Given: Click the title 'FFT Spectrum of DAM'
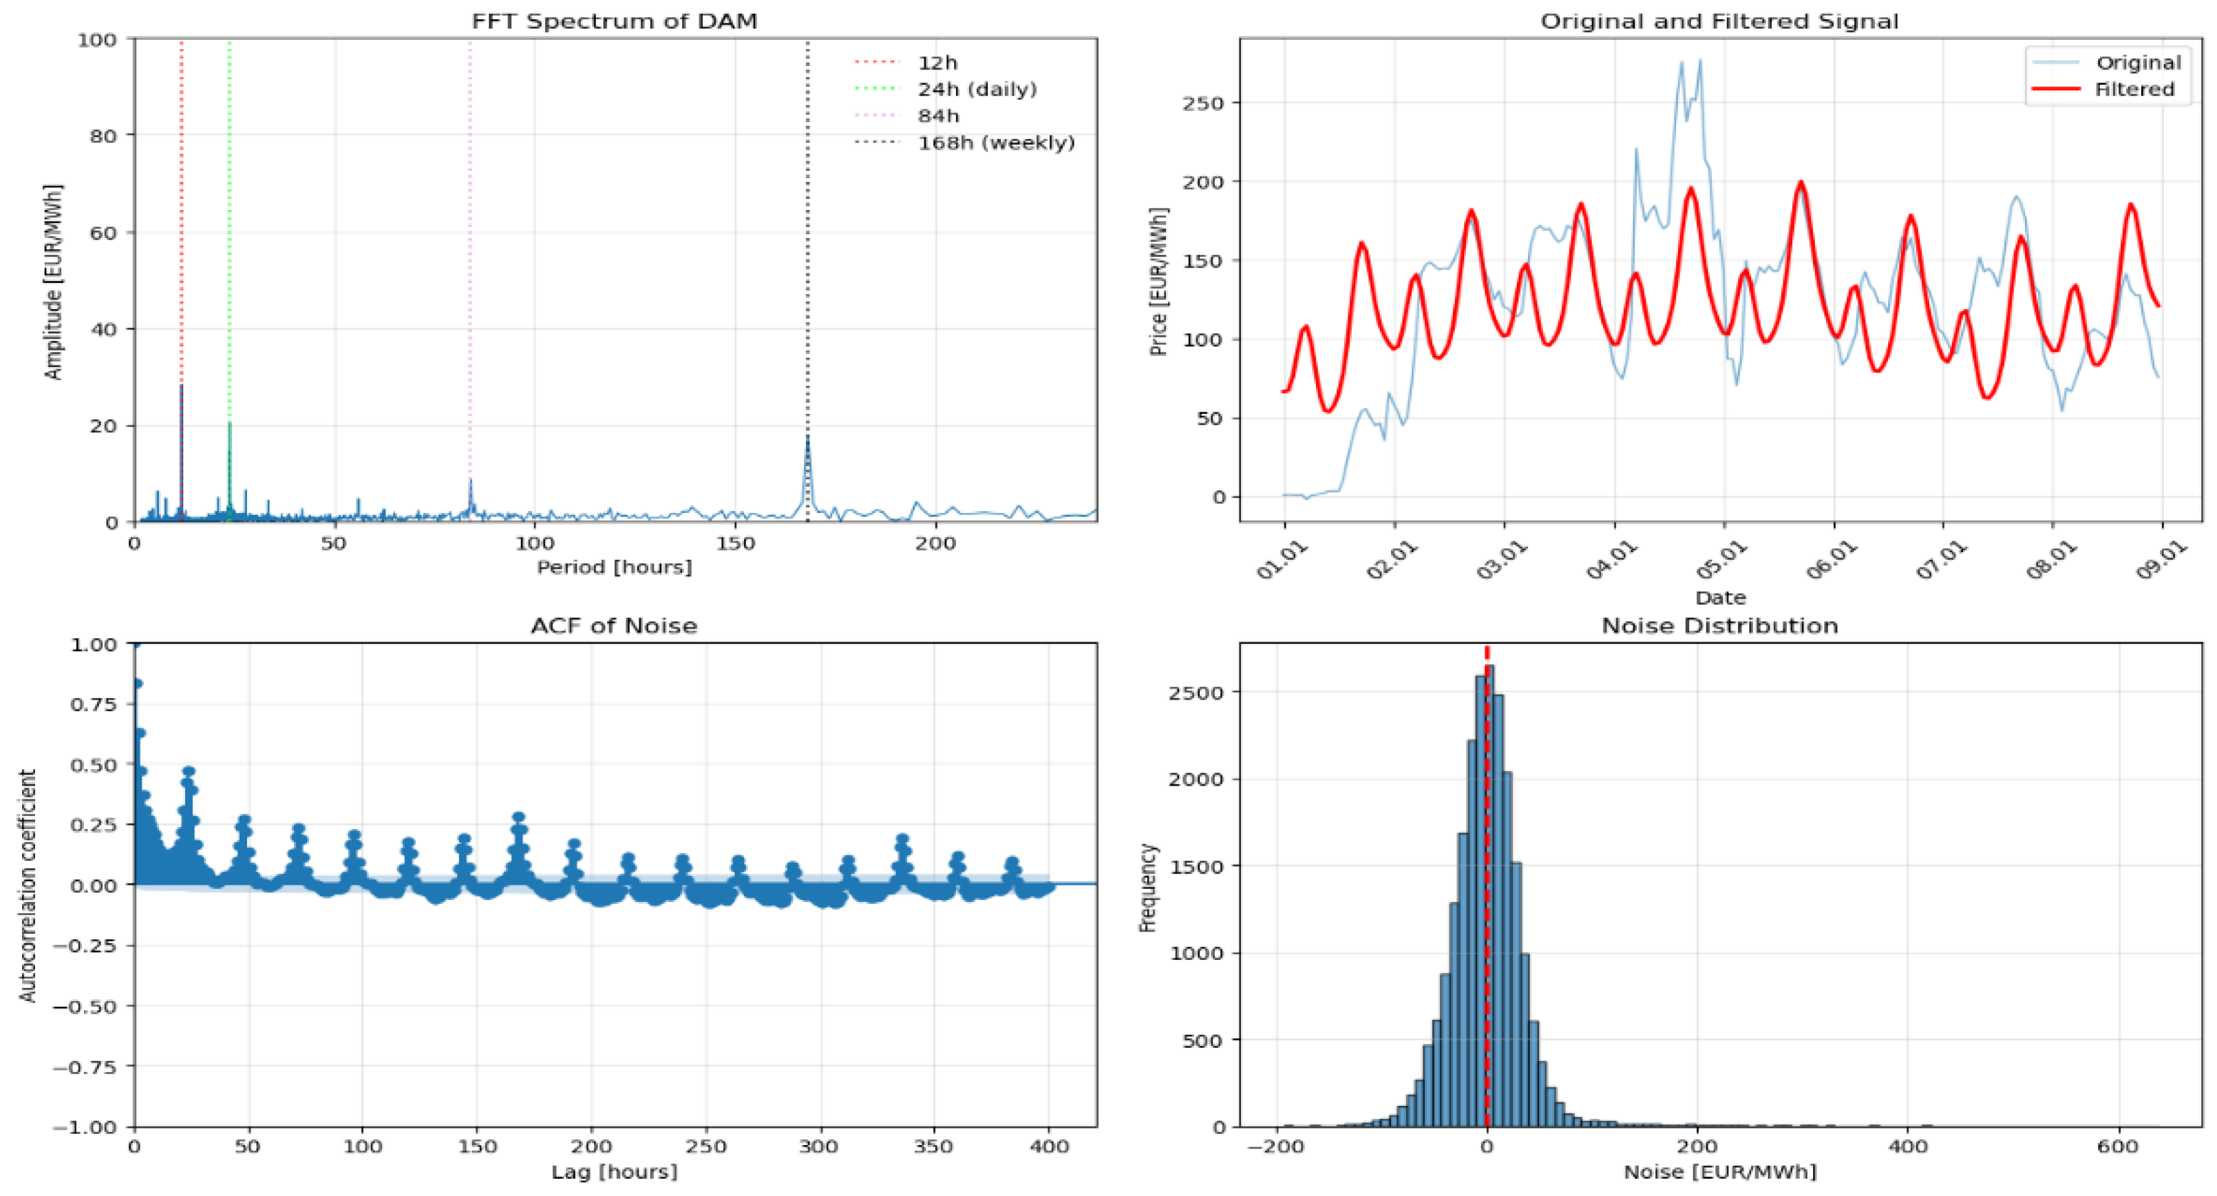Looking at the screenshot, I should click(x=614, y=21).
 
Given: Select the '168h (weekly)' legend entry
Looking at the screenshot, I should click(x=996, y=143).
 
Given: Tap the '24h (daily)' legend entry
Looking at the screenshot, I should click(x=977, y=90).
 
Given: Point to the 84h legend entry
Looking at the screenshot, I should click(x=937, y=116).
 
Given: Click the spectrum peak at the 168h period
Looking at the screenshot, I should click(x=807, y=437).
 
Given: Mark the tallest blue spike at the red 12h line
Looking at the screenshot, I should click(x=182, y=386).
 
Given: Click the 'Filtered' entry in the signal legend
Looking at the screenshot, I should click(x=2134, y=90).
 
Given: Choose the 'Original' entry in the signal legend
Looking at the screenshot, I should click(x=2138, y=63).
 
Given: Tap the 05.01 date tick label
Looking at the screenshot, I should click(x=1722, y=560).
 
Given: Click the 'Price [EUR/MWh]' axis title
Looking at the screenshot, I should click(x=1158, y=282).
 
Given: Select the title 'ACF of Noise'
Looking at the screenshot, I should click(x=614, y=626).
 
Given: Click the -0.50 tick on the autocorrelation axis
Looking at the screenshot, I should click(x=85, y=1007).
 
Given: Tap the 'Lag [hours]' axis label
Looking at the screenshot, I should click(x=614, y=1172).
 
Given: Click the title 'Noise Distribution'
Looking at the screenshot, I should click(x=1719, y=626).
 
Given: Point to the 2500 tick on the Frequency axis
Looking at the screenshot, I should click(x=1195, y=693).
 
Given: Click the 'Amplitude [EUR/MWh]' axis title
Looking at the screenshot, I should click(x=54, y=282).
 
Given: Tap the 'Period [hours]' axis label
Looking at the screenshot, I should click(x=614, y=567).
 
